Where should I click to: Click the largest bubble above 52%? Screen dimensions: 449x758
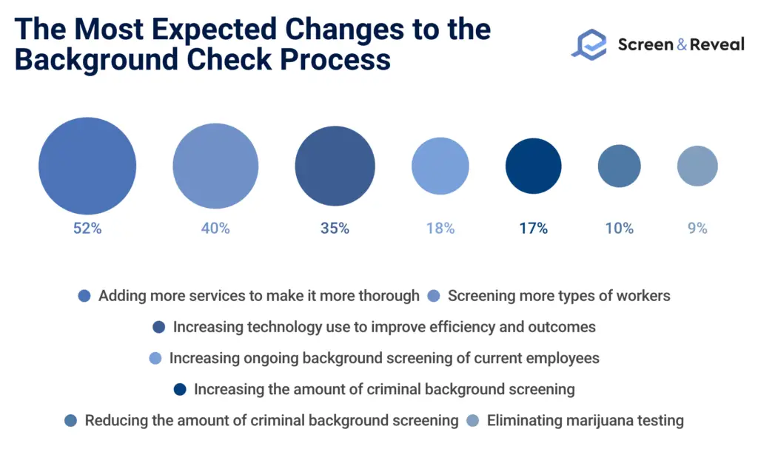coord(87,166)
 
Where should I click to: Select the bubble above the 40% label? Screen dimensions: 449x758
coord(215,166)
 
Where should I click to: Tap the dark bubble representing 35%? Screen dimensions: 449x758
coord(335,166)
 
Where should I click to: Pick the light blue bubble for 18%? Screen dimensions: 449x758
coord(440,166)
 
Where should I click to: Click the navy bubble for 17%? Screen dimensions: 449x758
coord(533,166)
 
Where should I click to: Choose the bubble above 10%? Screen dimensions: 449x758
coord(619,166)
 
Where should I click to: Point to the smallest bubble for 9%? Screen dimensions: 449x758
coord(697,166)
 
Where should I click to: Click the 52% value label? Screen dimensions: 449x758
coord(87,229)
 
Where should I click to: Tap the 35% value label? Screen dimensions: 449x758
coord(335,229)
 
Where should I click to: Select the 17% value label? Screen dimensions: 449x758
coord(533,229)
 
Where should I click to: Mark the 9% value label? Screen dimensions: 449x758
coord(697,229)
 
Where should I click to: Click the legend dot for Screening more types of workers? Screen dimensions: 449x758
coord(435,296)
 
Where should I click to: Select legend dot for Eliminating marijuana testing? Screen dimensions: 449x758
coord(473,421)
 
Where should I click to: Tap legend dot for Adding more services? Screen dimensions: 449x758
coord(84,296)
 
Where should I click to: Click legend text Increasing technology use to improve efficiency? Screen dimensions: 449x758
coord(384,327)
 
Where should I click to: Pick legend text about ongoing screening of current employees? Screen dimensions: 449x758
coord(384,358)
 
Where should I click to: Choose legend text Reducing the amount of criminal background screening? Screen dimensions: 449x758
coord(272,421)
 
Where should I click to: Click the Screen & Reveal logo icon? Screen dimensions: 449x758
coord(588,44)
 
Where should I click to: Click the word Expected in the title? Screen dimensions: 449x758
coord(201,30)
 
